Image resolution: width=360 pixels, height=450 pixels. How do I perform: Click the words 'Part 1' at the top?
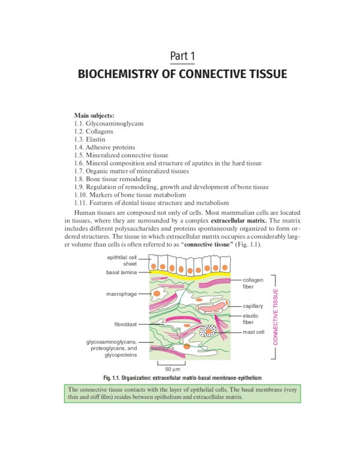click(x=182, y=56)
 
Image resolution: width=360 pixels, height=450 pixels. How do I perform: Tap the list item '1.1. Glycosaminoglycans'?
click(x=109, y=124)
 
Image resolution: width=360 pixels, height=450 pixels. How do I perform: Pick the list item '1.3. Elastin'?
click(x=90, y=139)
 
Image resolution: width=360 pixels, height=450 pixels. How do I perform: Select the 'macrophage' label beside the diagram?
click(x=122, y=294)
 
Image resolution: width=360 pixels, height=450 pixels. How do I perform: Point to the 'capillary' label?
click(x=253, y=306)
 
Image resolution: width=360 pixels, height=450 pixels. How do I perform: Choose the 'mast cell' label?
click(x=254, y=331)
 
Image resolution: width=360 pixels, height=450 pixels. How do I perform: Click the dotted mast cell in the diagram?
click(x=209, y=331)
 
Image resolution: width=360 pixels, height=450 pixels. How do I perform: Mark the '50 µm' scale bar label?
click(x=173, y=369)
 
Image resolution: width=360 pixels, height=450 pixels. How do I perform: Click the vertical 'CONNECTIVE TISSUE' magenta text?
click(x=276, y=317)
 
